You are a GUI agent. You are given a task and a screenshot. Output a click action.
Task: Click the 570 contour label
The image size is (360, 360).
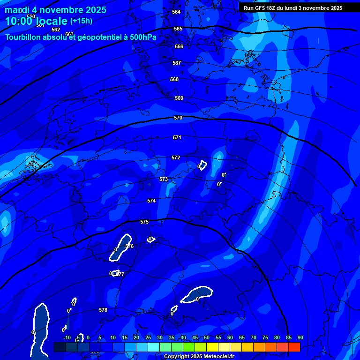178,118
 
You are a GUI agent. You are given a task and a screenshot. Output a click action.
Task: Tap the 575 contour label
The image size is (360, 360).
144,222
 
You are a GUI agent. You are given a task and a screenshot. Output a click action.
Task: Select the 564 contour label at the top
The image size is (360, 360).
176,12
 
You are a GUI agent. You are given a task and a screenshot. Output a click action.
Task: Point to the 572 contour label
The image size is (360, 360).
176,157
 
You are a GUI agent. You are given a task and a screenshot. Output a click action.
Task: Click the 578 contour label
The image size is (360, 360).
103,310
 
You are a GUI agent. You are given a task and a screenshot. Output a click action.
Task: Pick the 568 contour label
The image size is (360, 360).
174,79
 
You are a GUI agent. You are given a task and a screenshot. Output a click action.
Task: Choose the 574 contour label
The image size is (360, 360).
151,201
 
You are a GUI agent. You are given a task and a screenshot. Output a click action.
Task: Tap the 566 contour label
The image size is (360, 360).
179,46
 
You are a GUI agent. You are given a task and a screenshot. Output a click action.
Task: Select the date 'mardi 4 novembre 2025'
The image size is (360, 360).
55,10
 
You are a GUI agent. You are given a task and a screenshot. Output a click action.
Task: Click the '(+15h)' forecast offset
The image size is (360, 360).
81,21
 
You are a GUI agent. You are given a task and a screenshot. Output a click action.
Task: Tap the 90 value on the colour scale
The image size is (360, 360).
300,337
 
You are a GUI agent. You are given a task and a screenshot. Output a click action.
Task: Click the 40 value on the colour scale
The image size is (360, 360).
183,337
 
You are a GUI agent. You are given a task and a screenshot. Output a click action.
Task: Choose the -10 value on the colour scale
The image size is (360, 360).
67,337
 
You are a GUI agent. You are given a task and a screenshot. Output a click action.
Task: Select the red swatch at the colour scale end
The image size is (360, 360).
294,347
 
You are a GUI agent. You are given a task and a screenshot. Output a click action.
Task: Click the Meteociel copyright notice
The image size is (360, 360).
199,357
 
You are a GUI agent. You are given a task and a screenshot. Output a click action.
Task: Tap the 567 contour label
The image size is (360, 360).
176,63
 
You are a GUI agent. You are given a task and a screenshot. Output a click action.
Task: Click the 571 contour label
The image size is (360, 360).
177,137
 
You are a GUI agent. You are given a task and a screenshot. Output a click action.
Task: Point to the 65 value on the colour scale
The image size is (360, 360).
241,337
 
